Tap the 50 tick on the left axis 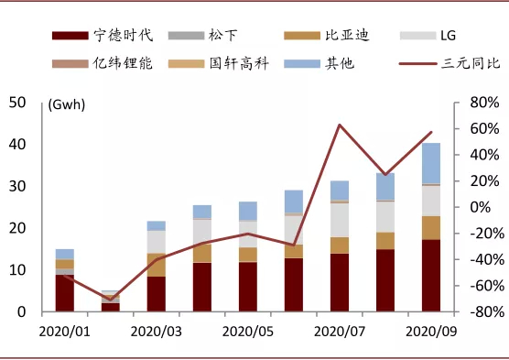tap(16, 103)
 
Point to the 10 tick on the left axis tap(16, 270)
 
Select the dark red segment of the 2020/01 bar tap(64, 293)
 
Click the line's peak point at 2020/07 tap(340, 125)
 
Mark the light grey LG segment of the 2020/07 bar tap(340, 220)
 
